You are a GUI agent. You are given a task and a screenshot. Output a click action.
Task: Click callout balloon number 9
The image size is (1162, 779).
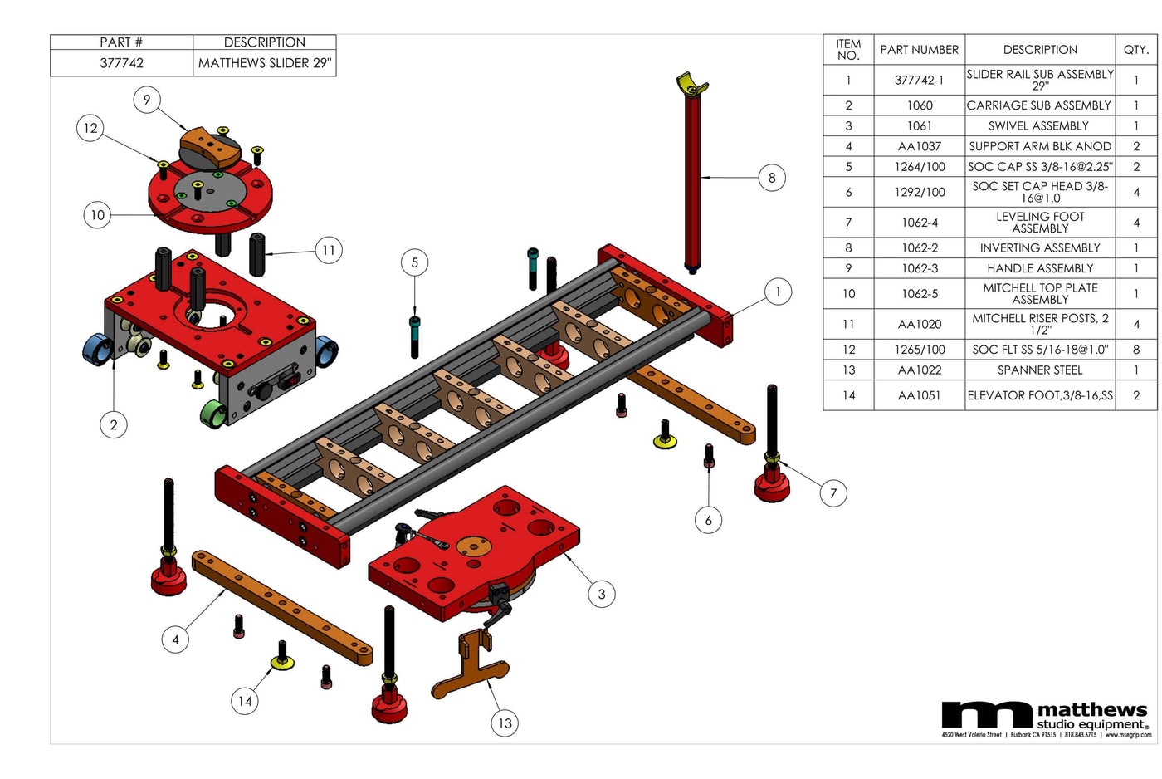pyautogui.click(x=147, y=100)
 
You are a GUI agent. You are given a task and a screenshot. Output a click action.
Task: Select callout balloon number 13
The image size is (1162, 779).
pyautogui.click(x=505, y=723)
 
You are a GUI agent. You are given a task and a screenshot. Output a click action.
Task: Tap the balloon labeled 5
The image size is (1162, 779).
pyautogui.click(x=415, y=263)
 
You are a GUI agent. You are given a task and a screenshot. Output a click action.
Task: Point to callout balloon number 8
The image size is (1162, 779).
pyautogui.click(x=772, y=177)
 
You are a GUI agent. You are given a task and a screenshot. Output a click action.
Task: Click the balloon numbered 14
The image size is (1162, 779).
pyautogui.click(x=245, y=701)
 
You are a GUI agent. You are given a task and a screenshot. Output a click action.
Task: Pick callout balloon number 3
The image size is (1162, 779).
pyautogui.click(x=602, y=594)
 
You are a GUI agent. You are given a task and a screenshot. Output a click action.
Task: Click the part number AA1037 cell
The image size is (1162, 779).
pyautogui.click(x=919, y=146)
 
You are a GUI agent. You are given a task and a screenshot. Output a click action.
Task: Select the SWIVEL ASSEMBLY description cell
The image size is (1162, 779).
pyautogui.click(x=1039, y=126)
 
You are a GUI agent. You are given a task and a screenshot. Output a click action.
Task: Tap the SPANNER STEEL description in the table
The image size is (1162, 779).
pyautogui.click(x=1039, y=370)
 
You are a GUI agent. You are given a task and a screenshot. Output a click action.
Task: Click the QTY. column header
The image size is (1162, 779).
pyautogui.click(x=1135, y=50)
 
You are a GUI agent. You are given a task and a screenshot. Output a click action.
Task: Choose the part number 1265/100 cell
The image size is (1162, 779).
pyautogui.click(x=919, y=350)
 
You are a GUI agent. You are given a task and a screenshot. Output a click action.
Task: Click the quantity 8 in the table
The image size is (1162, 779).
pyautogui.click(x=1135, y=350)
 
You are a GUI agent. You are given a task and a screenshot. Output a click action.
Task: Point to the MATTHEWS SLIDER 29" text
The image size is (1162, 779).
pyautogui.click(x=264, y=63)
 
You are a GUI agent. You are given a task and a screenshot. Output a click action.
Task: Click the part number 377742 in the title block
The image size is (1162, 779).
pyautogui.click(x=121, y=63)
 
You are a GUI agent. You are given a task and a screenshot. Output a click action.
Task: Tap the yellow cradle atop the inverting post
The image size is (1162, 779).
pyautogui.click(x=691, y=83)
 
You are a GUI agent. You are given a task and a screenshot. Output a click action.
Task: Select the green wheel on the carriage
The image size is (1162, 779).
pyautogui.click(x=214, y=413)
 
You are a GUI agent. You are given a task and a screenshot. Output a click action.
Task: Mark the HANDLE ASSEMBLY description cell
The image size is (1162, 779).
pyautogui.click(x=1039, y=268)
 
